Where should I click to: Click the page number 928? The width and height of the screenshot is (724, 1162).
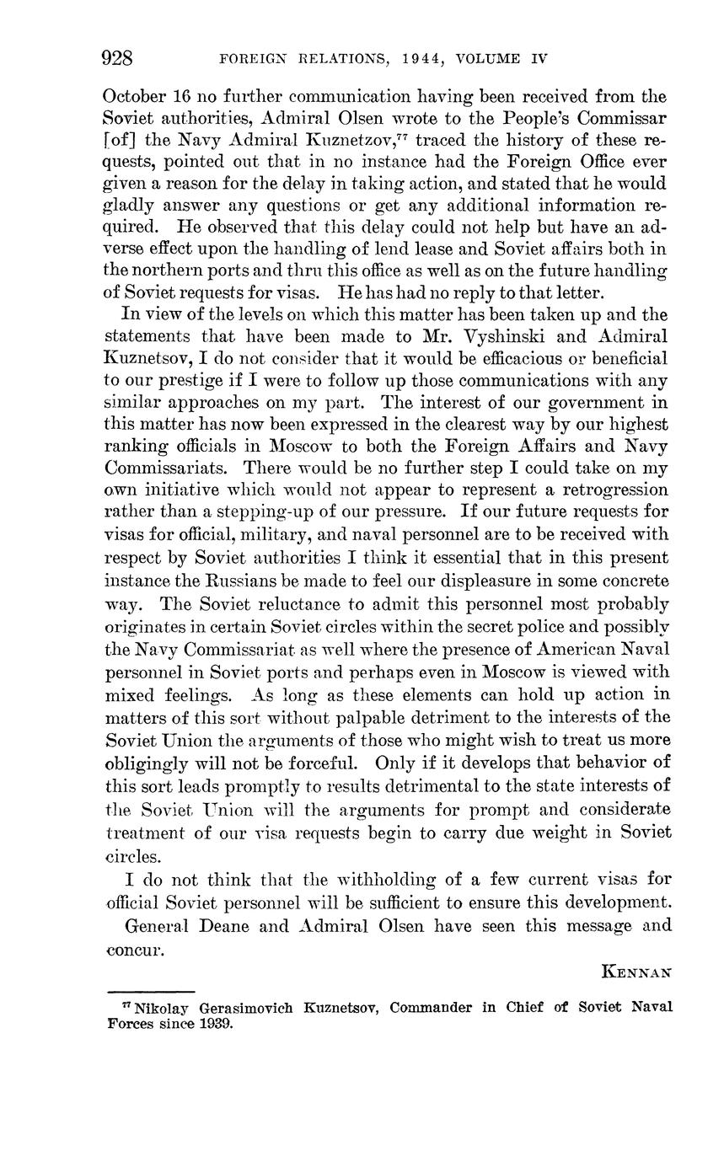(118, 58)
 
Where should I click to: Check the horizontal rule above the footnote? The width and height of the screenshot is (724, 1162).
(151, 992)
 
